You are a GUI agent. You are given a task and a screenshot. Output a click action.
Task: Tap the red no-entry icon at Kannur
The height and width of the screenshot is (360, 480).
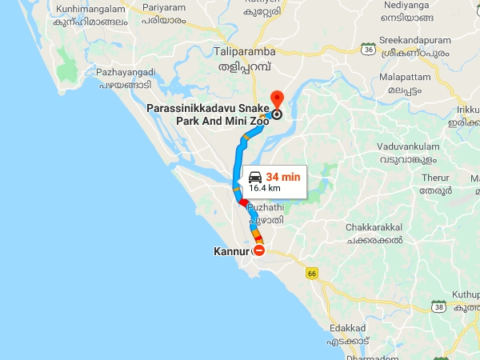pyautogui.click(x=258, y=250)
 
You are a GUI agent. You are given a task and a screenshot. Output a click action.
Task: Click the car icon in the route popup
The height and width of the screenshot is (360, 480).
pyautogui.click(x=254, y=177)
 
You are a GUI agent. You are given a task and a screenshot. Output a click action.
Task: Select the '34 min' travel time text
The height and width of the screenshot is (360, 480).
pyautogui.click(x=283, y=176)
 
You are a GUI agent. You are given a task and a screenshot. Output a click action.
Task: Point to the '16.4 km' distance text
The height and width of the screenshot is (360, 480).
pyautogui.click(x=264, y=189)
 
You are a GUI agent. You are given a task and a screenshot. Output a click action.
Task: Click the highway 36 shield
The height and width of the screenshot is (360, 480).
pyautogui.click(x=369, y=48)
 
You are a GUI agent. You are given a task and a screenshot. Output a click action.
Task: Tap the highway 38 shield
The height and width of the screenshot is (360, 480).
pyautogui.click(x=438, y=305)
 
